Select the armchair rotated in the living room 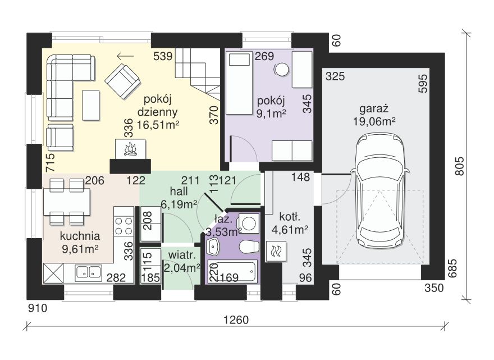pyautogui.click(x=122, y=81)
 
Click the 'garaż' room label pyautogui.click(x=374, y=109)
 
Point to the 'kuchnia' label pyautogui.click(x=80, y=236)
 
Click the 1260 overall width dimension pyautogui.click(x=236, y=320)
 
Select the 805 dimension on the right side pyautogui.click(x=460, y=166)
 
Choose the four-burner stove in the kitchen pyautogui.click(x=124, y=226)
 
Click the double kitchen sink pyautogui.click(x=88, y=273)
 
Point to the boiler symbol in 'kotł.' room pyautogui.click(x=276, y=251)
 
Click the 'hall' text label pyautogui.click(x=179, y=191)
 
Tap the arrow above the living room pyautogui.click(x=125, y=56)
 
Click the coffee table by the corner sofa pyautogui.click(x=91, y=105)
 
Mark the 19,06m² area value pyautogui.click(x=374, y=121)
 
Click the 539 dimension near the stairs pyautogui.click(x=163, y=56)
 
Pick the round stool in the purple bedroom pyautogui.click(x=281, y=69)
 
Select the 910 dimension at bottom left pyautogui.click(x=38, y=308)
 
